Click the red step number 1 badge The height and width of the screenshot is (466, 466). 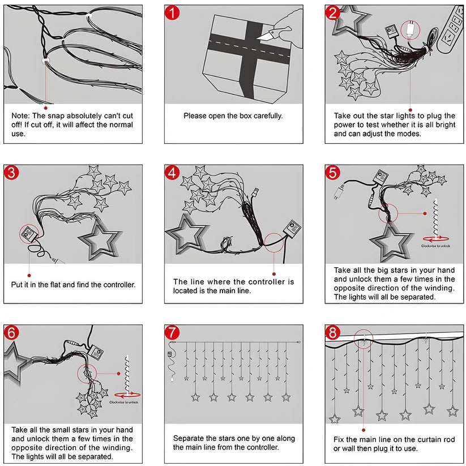(x=172, y=13)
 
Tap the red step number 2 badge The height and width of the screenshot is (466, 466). (x=332, y=13)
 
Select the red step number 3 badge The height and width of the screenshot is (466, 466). (x=11, y=173)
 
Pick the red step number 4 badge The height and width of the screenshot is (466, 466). (x=172, y=173)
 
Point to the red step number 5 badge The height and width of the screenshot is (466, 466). (x=333, y=173)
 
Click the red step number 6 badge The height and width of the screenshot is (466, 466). (x=11, y=333)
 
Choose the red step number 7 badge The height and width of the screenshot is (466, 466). (x=172, y=333)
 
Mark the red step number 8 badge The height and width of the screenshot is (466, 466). (x=333, y=333)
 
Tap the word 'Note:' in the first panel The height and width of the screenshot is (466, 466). (x=21, y=116)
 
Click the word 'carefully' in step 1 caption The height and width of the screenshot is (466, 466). (x=266, y=116)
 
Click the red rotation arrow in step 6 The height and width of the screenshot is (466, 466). (x=127, y=394)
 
